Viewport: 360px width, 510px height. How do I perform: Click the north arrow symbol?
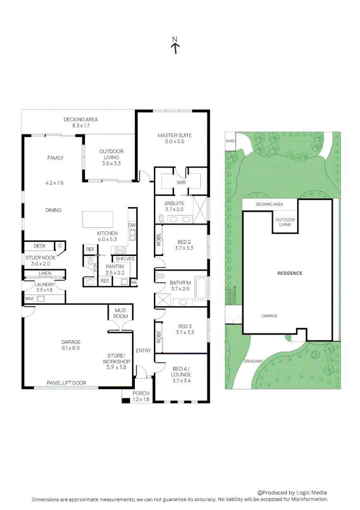point(175,46)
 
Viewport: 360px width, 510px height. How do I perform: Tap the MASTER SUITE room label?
point(175,136)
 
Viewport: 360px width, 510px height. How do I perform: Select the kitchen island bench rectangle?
point(98,219)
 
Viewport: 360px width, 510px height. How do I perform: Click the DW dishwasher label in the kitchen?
point(132,225)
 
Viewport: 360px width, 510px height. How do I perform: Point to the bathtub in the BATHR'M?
point(200,289)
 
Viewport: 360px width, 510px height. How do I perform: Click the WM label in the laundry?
point(29,298)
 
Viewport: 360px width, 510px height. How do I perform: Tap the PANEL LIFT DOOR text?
point(66,382)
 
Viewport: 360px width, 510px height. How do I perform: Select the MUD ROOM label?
point(120,313)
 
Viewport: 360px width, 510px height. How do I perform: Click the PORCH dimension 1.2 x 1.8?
point(141,399)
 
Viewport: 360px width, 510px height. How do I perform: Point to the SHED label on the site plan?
point(230,141)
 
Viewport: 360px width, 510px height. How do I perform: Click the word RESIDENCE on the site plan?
point(290,273)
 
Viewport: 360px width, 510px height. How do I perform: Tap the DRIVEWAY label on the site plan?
point(253,361)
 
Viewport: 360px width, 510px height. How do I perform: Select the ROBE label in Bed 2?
point(159,240)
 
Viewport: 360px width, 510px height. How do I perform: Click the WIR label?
point(181,182)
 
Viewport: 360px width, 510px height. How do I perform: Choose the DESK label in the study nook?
point(40,246)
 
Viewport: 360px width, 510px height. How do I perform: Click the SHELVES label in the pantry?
point(125,259)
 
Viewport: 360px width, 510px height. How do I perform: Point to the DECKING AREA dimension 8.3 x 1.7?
point(81,126)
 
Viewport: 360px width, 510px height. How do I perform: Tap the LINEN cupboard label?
point(45,273)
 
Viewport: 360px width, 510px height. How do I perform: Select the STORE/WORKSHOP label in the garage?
point(116,361)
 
